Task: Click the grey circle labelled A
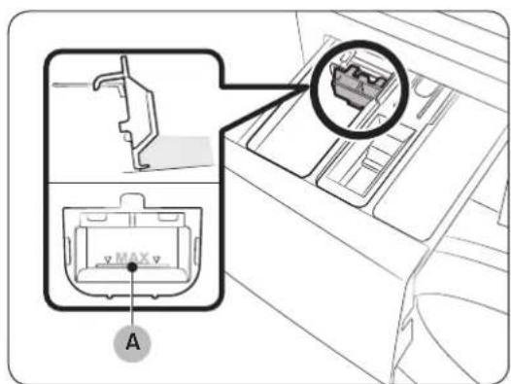click(x=132, y=343)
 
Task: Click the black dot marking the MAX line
click(x=132, y=267)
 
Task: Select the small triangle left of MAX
click(x=108, y=260)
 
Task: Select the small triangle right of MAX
click(x=156, y=260)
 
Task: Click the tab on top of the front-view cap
click(x=132, y=200)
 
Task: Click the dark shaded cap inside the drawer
click(x=356, y=86)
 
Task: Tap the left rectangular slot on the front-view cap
click(x=96, y=217)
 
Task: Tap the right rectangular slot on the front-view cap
click(x=167, y=217)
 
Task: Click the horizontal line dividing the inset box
click(x=134, y=183)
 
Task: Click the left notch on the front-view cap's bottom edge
click(x=110, y=296)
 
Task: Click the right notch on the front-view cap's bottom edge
click(x=155, y=296)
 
